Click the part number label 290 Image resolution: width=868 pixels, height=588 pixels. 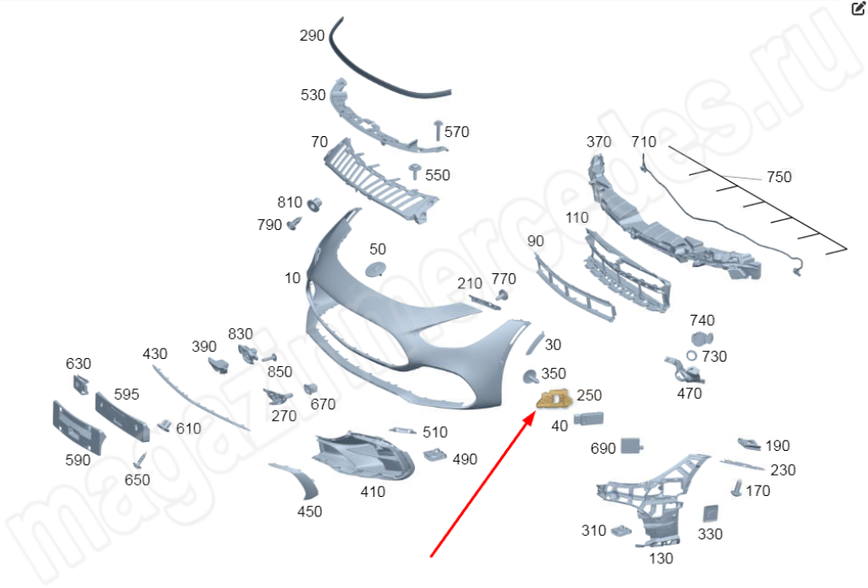click(311, 36)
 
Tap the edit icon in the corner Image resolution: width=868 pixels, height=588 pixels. click(857, 8)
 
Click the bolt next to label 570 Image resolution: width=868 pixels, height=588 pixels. click(439, 129)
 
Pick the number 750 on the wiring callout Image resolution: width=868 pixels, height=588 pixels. click(779, 177)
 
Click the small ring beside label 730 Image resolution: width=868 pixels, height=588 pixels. click(691, 355)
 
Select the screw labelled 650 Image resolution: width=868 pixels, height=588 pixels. click(141, 460)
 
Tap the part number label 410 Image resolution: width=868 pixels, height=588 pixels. click(373, 492)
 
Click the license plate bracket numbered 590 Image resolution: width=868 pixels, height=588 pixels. click(78, 426)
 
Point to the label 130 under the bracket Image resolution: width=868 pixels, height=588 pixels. click(661, 559)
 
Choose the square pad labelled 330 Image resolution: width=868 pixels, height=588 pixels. click(711, 514)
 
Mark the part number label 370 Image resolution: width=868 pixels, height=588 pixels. click(599, 141)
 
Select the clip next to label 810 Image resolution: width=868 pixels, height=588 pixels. click(315, 204)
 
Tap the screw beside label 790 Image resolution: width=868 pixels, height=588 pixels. click(294, 223)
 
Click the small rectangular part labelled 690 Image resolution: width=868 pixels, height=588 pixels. click(632, 446)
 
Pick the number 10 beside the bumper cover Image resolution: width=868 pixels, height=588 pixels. click(292, 278)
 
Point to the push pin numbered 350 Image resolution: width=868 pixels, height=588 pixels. click(530, 376)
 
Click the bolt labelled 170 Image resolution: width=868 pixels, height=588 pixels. click(737, 488)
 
